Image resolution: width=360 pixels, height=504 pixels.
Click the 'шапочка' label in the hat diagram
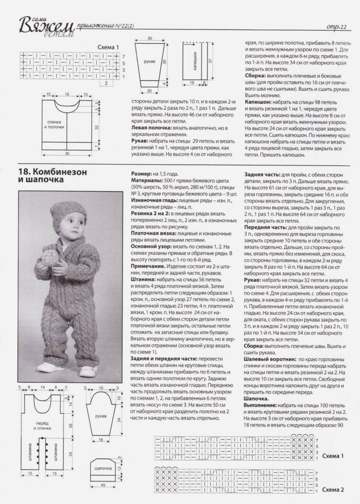coord(103,468)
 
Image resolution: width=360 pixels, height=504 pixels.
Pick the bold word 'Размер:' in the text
coord(140,173)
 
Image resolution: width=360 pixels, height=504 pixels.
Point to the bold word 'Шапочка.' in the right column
coord(257,398)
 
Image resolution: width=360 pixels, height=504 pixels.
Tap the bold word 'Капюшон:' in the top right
coord(257,103)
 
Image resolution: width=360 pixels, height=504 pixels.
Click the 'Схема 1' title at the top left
coord(108,47)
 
